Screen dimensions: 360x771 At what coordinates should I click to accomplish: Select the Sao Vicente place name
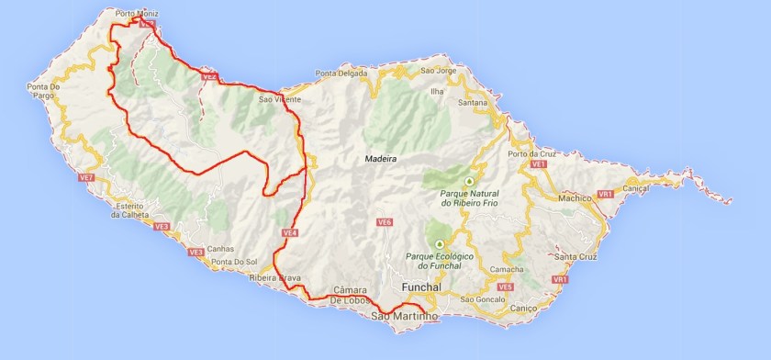(x=279, y=99)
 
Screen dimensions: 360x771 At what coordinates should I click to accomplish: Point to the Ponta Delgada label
(x=340, y=74)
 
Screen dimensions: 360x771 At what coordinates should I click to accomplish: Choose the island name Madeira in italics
(x=381, y=159)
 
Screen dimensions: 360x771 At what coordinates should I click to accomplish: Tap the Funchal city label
(x=422, y=287)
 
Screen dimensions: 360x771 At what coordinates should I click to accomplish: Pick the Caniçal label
(x=635, y=187)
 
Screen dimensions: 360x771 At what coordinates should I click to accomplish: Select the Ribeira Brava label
(x=275, y=276)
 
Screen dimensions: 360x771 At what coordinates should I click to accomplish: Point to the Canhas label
(x=221, y=249)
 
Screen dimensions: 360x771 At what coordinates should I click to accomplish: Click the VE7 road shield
(x=87, y=177)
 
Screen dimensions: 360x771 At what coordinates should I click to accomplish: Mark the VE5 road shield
(x=505, y=287)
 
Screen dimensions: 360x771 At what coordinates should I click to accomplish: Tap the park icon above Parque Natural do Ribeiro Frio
(x=469, y=181)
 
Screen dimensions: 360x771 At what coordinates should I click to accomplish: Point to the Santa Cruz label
(x=577, y=256)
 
